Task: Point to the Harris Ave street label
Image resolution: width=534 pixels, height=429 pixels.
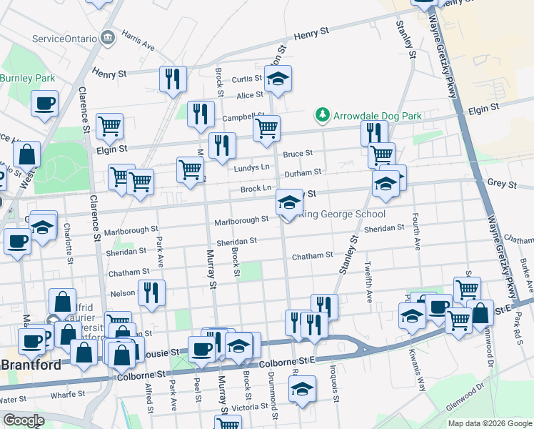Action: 138,40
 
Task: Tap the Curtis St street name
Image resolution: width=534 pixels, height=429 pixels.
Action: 246,79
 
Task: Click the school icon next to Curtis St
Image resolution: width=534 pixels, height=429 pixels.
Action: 278,79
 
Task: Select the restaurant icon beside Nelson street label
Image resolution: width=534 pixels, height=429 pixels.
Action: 151,292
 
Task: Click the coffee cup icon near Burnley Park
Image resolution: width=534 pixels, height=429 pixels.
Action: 44,103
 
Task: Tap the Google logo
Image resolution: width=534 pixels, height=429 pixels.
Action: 23,420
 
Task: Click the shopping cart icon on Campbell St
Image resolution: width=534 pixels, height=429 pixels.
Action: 266,128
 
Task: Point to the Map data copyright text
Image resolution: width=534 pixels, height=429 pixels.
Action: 490,423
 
